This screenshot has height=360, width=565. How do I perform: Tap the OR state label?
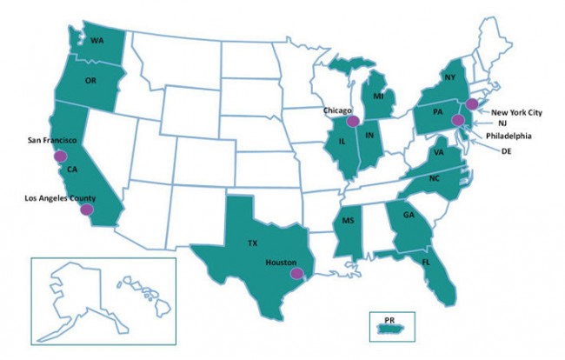90,81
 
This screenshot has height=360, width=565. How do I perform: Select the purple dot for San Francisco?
60,157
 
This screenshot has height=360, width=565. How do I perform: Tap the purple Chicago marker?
353,122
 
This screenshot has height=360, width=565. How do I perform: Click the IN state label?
369,137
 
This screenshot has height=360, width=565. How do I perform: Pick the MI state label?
378,95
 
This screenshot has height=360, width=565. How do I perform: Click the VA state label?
442,153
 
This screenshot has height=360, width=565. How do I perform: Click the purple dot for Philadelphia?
458,120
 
